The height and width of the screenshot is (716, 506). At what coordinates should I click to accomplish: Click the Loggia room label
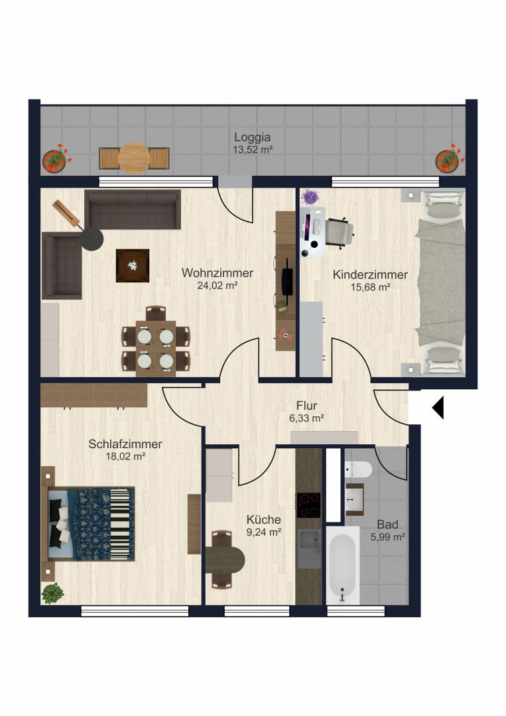click(253, 137)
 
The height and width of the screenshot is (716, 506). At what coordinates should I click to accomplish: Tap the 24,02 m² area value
click(218, 286)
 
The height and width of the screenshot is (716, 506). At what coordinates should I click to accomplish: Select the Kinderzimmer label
click(370, 274)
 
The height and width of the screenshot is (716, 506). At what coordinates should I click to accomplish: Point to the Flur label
click(306, 406)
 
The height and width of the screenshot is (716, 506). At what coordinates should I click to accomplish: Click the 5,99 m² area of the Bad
click(388, 537)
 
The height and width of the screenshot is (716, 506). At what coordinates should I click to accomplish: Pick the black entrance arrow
click(438, 407)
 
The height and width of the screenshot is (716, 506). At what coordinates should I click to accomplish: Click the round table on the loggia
click(134, 158)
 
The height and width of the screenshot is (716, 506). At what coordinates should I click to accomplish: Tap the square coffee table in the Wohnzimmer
click(133, 265)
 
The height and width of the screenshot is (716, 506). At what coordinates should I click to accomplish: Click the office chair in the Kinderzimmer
click(340, 232)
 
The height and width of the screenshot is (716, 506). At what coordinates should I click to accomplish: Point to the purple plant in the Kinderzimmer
click(311, 198)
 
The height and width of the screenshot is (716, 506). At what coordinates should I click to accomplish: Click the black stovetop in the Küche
click(309, 505)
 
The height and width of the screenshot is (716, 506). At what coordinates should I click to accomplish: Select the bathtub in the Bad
click(342, 566)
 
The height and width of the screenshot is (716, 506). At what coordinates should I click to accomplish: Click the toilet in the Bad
click(358, 469)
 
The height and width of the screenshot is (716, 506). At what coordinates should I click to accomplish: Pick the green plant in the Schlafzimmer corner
click(52, 593)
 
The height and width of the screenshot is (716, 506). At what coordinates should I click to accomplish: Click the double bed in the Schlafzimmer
click(88, 524)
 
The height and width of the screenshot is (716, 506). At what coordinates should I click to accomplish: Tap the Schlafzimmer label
click(125, 444)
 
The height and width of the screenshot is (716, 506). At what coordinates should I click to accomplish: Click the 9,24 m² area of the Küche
click(263, 532)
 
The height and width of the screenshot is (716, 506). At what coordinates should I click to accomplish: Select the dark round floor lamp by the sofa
click(92, 239)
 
